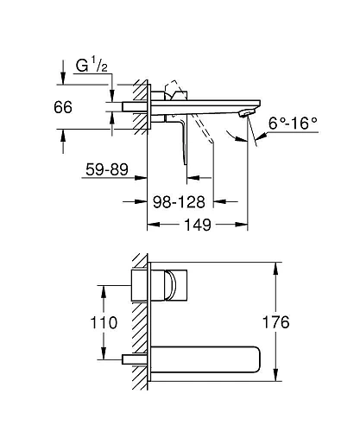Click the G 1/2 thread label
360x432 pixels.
click(89, 67)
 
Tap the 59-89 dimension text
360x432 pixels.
click(107, 171)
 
